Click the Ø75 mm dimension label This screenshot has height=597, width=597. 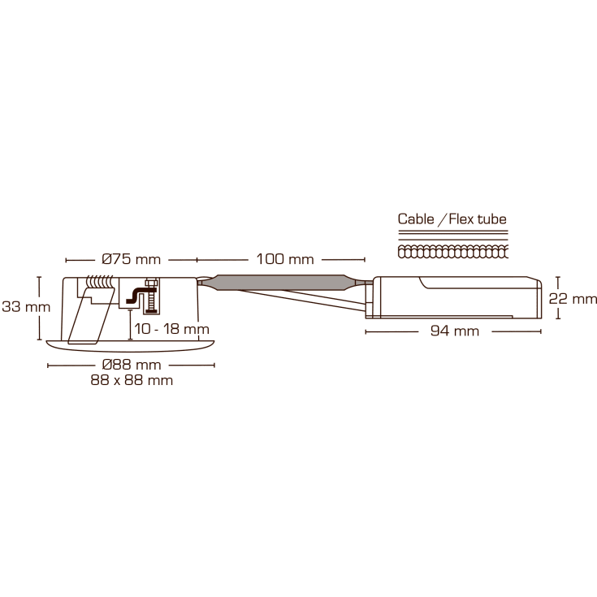(132, 260)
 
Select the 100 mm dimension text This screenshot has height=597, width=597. (284, 260)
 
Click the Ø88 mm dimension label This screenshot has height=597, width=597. (132, 365)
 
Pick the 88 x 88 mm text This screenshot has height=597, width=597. (132, 380)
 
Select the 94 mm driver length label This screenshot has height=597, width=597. (455, 331)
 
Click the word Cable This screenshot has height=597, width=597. (415, 219)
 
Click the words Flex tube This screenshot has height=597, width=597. (478, 219)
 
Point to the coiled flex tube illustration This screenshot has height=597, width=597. (452, 253)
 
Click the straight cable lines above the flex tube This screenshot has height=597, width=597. (452, 237)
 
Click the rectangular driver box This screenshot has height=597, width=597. (455, 297)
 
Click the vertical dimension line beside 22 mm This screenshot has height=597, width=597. (557, 297)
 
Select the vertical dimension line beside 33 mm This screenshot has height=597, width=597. (39, 308)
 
